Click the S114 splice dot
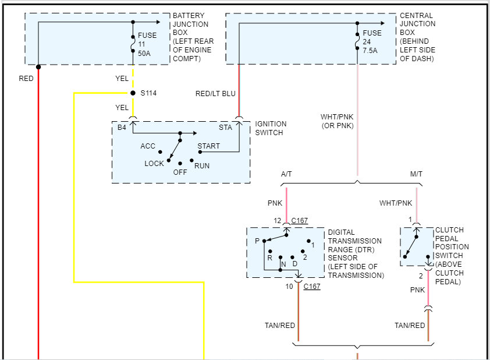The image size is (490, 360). [133, 93]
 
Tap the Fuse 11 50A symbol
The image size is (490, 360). [133, 44]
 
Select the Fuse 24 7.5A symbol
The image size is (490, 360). [357, 41]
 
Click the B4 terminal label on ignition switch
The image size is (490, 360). [122, 128]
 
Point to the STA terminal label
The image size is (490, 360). [225, 128]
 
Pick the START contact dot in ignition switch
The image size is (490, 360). [200, 152]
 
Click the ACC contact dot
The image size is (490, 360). [160, 152]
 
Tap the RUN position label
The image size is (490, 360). [202, 166]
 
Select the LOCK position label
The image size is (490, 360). [154, 163]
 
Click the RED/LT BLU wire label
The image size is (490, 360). [215, 94]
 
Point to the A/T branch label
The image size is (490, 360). [286, 174]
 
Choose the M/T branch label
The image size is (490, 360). [416, 174]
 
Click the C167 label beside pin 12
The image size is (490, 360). [299, 221]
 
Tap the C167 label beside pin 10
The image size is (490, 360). [312, 286]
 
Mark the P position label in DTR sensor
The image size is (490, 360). [257, 241]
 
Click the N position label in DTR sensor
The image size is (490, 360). [283, 264]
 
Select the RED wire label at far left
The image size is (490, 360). [26, 78]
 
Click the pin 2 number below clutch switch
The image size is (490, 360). [421, 276]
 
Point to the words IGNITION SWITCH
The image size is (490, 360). [271, 128]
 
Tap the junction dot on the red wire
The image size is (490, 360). [38, 66]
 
